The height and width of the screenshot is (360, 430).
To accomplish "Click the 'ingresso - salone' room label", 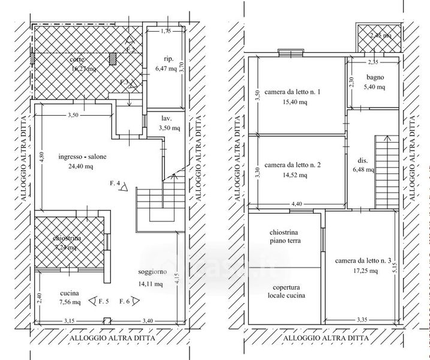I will (x=83, y=157).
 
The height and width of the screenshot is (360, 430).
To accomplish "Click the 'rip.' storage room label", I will (x=168, y=59).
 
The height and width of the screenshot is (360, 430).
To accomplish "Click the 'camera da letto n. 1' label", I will (x=293, y=92).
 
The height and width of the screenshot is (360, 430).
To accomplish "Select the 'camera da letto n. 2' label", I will (x=293, y=165).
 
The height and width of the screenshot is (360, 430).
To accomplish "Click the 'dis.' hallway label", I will (x=363, y=161).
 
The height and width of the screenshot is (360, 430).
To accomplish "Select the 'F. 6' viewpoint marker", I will (x=128, y=301).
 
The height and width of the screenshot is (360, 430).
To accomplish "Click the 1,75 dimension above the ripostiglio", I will (x=166, y=29).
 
